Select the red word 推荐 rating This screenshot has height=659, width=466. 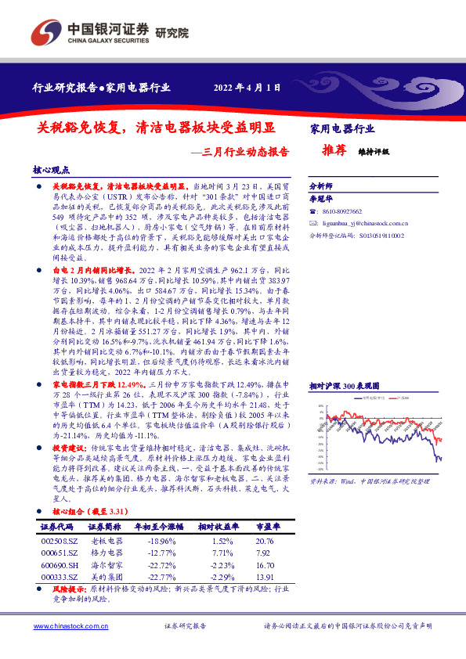(x=334, y=151)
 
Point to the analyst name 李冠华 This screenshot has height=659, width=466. (x=323, y=199)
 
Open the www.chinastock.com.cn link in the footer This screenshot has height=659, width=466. (x=65, y=626)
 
